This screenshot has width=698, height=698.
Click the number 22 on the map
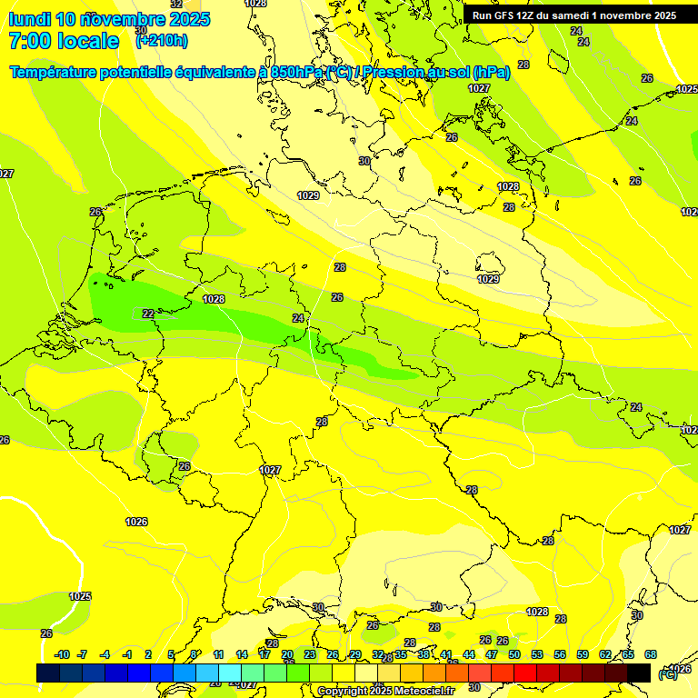148,314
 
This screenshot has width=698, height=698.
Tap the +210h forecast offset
162,40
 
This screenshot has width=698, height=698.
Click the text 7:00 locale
64,41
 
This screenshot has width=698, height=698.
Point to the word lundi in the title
29,19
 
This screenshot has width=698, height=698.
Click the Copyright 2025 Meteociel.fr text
385,691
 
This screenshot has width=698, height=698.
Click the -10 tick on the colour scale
62,654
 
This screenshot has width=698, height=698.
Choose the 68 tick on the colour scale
651,654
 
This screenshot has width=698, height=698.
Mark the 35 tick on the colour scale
401,654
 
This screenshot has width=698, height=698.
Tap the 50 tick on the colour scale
514,654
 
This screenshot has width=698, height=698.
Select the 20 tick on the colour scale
287,654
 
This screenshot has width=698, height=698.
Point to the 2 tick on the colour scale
148,654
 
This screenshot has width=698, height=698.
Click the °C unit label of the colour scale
667,674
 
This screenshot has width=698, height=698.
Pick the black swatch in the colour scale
639,673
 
